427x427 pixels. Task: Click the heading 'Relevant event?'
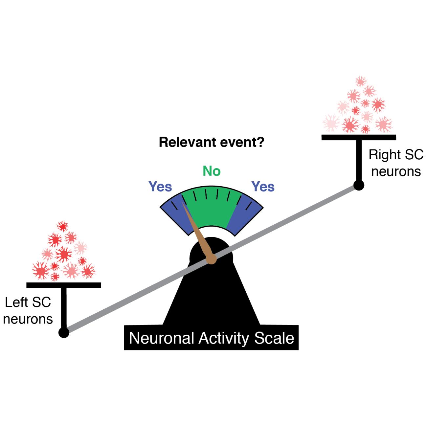click(x=212, y=143)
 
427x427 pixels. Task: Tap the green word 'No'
click(x=212, y=171)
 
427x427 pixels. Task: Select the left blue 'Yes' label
click(x=160, y=187)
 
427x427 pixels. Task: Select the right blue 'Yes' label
click(x=263, y=187)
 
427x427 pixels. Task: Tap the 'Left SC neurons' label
click(x=28, y=310)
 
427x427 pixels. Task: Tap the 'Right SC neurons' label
click(x=396, y=163)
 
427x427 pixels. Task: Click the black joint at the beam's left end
click(x=64, y=333)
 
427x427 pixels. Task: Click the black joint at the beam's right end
click(x=358, y=185)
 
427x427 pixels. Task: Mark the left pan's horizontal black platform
click(x=63, y=285)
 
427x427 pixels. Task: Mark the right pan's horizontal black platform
click(x=358, y=137)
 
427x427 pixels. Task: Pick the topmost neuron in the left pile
click(x=62, y=226)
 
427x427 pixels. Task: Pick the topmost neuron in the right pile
click(x=361, y=81)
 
